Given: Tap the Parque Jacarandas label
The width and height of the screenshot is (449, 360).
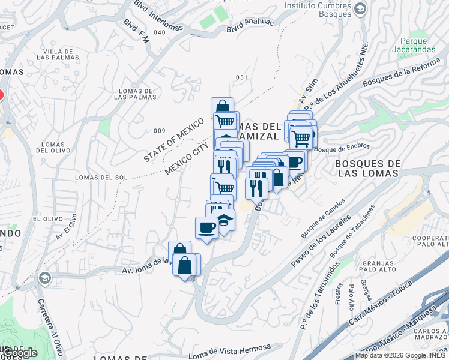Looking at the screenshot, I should point(414,46).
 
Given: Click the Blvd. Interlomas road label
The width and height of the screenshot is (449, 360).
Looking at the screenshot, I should point(158,10).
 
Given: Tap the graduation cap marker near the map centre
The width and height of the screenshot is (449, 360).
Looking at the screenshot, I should point(224,220).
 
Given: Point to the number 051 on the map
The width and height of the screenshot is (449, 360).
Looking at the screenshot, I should point(241,77).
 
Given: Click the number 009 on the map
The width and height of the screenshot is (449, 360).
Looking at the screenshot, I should point(159,131).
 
